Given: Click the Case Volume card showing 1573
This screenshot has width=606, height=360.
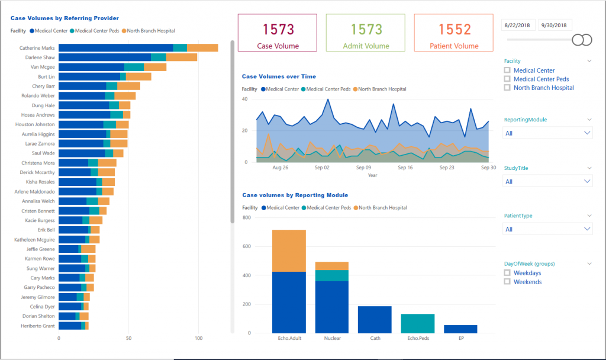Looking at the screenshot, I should tap(278, 34).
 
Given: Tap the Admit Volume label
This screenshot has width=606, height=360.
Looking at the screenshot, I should tap(366, 46).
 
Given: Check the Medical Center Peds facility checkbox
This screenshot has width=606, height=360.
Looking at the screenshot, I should tap(507, 79).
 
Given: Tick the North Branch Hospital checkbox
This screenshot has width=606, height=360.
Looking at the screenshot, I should tap(507, 88).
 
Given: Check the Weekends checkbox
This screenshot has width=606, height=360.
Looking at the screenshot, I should tap(507, 282).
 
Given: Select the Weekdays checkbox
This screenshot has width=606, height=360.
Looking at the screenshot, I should tap(507, 273).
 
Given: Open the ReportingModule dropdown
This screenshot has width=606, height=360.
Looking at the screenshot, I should tap(547, 133).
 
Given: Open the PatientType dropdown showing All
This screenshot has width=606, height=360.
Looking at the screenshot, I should tap(547, 229).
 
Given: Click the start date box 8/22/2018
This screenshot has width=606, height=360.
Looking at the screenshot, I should tap(519, 25).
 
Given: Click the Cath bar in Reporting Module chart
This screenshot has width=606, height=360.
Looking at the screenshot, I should tap(375, 320).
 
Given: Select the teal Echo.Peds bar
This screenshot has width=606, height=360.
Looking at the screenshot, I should tap(417, 323).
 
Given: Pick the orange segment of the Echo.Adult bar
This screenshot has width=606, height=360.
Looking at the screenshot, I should tap(289, 250).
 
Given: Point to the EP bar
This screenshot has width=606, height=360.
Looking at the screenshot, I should tap(460, 329).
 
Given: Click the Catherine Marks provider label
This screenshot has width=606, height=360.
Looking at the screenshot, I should tap(37, 48).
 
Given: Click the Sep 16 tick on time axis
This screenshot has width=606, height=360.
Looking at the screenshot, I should tap(405, 168).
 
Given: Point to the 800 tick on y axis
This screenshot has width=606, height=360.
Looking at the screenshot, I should tap(247, 218).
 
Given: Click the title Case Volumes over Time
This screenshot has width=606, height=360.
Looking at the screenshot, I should tap(279, 76).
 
